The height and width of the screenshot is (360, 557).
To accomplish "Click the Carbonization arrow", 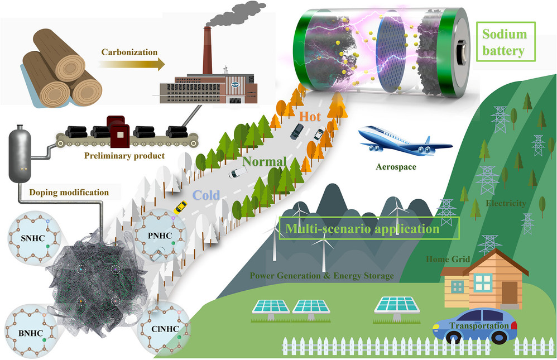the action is tap(132, 64).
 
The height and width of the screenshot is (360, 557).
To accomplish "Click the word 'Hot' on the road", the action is tap(310, 117).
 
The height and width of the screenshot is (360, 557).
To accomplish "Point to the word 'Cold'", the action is tap(206, 195).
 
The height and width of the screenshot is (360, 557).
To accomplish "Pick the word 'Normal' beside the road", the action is tap(265, 162).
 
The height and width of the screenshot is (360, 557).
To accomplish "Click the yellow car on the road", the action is tap(180, 207).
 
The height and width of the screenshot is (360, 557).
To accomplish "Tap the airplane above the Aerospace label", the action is tap(405, 141).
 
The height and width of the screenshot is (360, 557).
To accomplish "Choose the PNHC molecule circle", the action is tap(160, 236).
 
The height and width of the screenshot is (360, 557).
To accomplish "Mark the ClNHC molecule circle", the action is tap(165, 329).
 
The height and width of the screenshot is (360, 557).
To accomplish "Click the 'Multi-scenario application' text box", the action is tap(369, 228).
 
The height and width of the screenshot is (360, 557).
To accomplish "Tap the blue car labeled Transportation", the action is tap(474, 325).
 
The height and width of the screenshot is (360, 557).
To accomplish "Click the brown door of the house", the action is tap(510, 292).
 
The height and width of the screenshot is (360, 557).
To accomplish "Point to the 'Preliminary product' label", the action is tap(124, 156).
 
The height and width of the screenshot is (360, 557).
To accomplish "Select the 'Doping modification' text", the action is tap(69, 192).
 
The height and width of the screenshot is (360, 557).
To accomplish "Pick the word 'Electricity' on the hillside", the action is tap(506, 203).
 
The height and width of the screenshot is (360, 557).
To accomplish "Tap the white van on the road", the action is tap(238, 172).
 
